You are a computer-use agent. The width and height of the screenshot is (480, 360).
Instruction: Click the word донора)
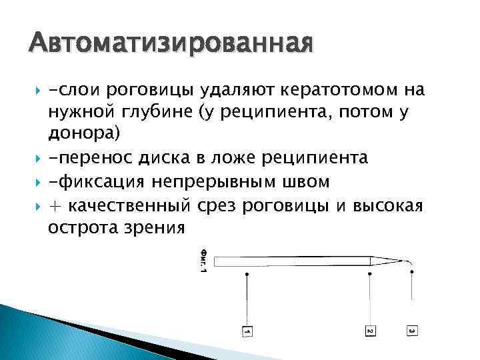tap(85, 135)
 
